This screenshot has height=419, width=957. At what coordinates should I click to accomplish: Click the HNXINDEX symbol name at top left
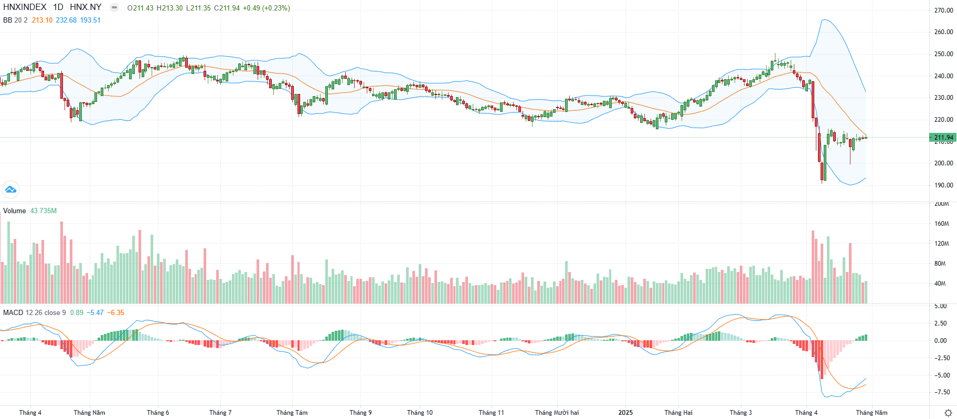tap(25, 7)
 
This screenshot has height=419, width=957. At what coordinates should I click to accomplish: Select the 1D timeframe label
tap(58, 7)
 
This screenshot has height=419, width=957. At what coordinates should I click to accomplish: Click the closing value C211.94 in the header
tap(227, 8)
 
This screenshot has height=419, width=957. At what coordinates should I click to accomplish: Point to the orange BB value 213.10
tap(42, 20)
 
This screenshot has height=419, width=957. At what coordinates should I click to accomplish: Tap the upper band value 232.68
tap(66, 20)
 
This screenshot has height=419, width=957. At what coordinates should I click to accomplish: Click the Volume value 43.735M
tap(44, 211)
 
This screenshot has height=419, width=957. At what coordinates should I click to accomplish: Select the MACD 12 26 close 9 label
tap(35, 312)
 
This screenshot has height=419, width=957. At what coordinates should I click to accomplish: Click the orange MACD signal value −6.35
tap(116, 312)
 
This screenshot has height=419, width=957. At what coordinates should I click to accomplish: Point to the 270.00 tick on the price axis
tap(943, 10)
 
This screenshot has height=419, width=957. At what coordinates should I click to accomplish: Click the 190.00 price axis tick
tap(943, 185)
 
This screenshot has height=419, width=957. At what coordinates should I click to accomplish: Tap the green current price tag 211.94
tap(943, 138)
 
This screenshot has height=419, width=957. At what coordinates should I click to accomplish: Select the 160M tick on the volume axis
tap(942, 224)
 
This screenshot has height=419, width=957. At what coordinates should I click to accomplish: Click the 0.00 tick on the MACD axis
tap(940, 340)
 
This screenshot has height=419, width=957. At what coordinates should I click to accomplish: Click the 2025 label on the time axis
tap(625, 412)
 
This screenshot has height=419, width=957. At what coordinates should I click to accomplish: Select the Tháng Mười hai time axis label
tap(557, 412)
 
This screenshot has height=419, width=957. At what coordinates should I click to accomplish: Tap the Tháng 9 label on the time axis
tap(360, 412)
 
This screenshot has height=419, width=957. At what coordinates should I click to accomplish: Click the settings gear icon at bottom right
tap(948, 413)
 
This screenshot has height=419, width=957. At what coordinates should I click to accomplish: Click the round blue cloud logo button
tap(10, 190)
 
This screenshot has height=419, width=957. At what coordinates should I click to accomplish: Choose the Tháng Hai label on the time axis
tap(678, 412)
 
